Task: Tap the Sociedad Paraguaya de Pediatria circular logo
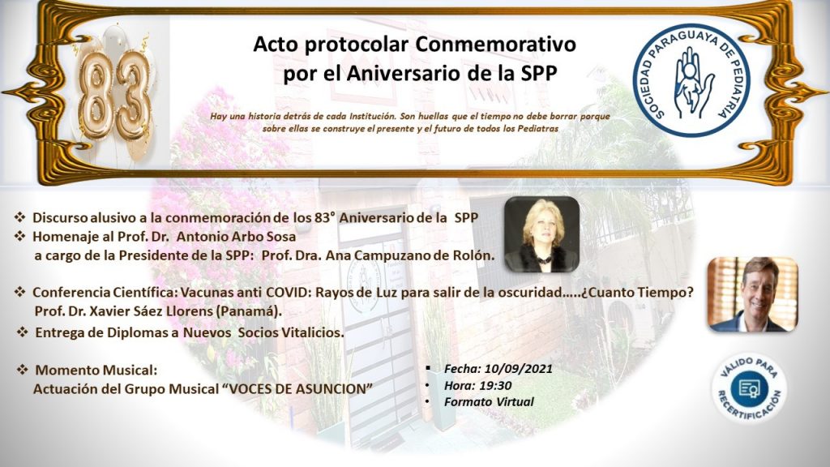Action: (x=692, y=79)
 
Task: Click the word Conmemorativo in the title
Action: (x=495, y=44)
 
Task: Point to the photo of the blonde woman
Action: (x=541, y=234)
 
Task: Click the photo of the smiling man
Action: (x=753, y=294)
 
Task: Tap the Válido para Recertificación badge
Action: (x=749, y=388)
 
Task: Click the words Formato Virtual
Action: (x=489, y=401)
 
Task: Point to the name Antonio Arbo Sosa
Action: (x=236, y=236)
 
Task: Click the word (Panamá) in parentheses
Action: (x=249, y=311)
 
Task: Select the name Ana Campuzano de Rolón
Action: (x=409, y=255)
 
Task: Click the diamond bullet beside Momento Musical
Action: (x=22, y=369)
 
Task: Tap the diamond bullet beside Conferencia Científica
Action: (x=19, y=292)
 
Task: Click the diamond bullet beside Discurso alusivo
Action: (x=19, y=216)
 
